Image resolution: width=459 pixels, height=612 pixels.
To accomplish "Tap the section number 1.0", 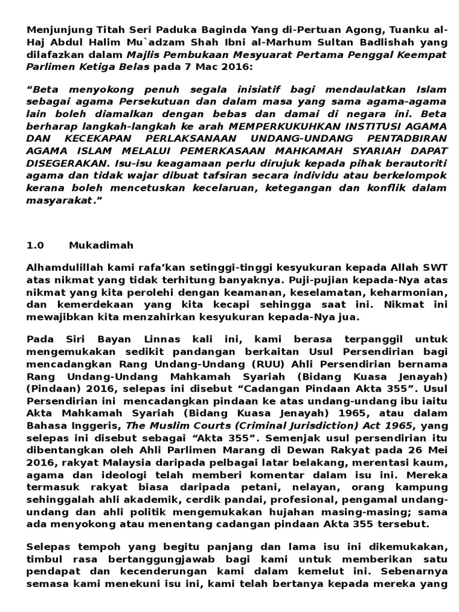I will [35, 245].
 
